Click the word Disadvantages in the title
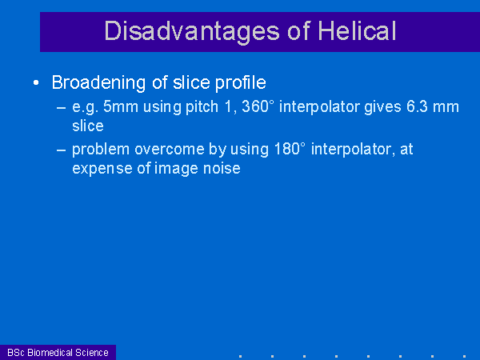click(x=192, y=31)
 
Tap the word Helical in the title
click(x=357, y=30)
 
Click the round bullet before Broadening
click(x=36, y=82)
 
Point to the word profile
click(x=241, y=82)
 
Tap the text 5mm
click(x=121, y=106)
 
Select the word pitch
click(x=202, y=107)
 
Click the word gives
click(x=382, y=107)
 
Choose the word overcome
click(x=170, y=150)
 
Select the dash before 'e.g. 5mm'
click(x=62, y=108)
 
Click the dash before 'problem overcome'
click(x=62, y=150)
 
